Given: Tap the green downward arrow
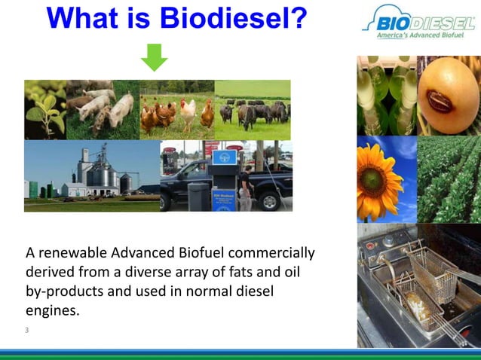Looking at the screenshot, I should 155,58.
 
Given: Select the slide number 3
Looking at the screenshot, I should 26,330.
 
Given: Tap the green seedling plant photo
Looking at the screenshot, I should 44,109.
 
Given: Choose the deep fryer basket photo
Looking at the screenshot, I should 418,286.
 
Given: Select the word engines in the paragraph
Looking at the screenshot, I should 52,310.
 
